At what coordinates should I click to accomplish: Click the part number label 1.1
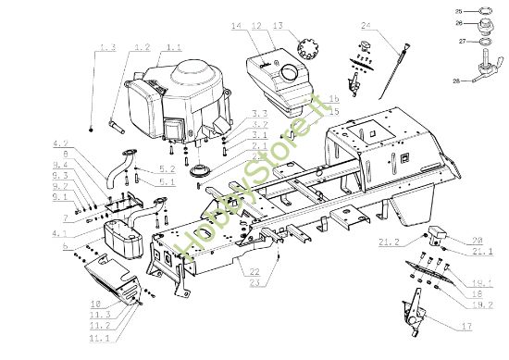[x=174, y=46]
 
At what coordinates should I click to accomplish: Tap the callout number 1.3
[x=106, y=46]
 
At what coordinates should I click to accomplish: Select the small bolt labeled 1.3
[x=93, y=126]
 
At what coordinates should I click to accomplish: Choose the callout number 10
[x=94, y=303]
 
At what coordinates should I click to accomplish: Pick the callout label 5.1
[x=168, y=181]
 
